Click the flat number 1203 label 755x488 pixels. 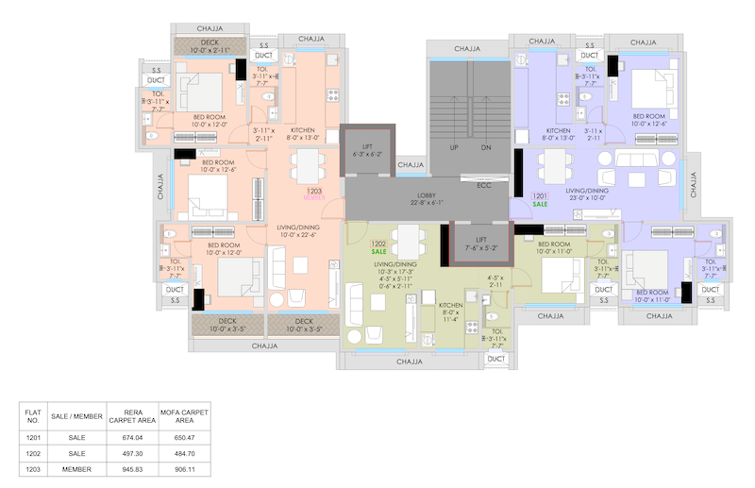click(x=313, y=192)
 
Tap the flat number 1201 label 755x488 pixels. click(x=540, y=196)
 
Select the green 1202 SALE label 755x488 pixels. click(x=378, y=247)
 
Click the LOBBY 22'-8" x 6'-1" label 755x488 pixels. click(x=427, y=198)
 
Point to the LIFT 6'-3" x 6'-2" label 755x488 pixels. click(x=369, y=149)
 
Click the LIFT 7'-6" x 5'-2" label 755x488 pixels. click(x=481, y=244)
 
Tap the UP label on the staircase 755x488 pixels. click(x=453, y=148)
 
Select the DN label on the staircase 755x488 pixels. click(x=486, y=148)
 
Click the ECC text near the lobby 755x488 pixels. click(x=484, y=185)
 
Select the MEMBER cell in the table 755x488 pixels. click(x=76, y=468)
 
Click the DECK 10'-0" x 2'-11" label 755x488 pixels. click(x=210, y=45)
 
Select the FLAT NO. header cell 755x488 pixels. click(x=33, y=416)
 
